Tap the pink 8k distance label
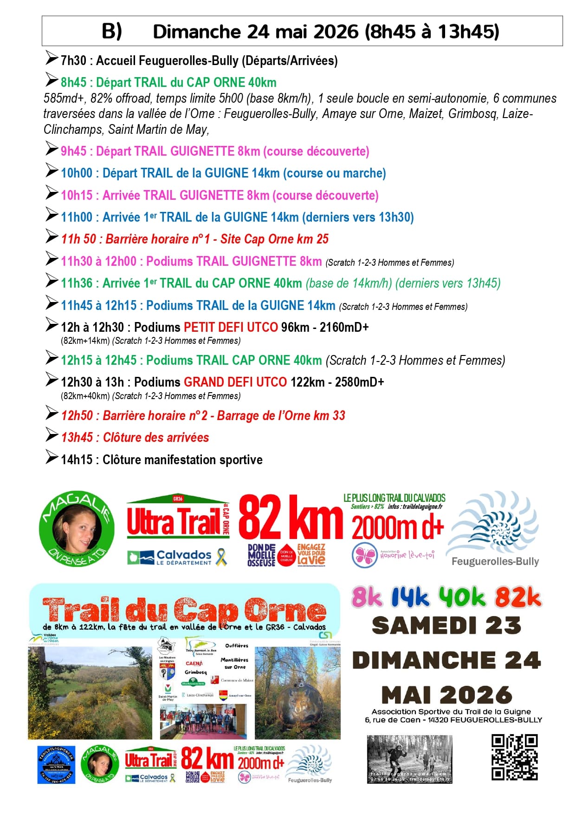(367, 597)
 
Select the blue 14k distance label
(410, 598)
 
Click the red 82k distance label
(518, 597)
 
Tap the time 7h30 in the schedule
(73, 61)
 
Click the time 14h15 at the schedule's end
(77, 460)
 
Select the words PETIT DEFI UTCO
(231, 327)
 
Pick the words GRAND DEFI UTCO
(235, 382)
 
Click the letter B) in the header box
(112, 31)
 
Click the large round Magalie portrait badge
(77, 530)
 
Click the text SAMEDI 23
(446, 625)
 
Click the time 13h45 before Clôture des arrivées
(77, 438)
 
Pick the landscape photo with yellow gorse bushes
(90, 693)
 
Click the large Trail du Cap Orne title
(184, 610)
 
